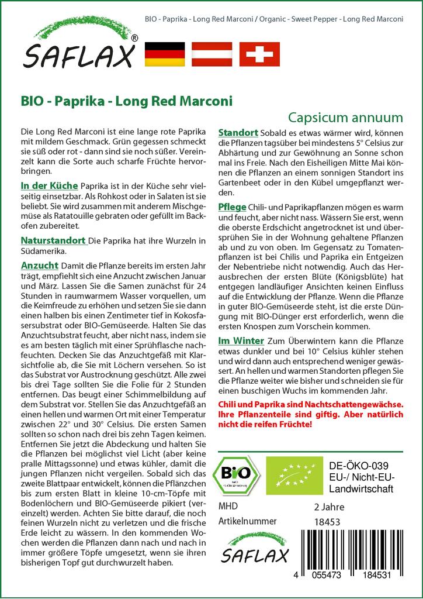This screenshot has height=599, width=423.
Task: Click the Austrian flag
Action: click(x=212, y=53)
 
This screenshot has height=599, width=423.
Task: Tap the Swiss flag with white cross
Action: click(x=259, y=53)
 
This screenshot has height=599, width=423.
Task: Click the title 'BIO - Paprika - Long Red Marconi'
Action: click(x=126, y=101)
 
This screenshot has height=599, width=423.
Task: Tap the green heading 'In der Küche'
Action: click(x=48, y=185)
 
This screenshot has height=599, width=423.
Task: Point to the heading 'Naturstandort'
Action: click(x=53, y=240)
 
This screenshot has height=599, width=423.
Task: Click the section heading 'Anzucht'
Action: click(x=39, y=264)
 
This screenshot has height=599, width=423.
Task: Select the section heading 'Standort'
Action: click(x=238, y=132)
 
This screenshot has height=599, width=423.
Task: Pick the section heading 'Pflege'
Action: click(x=232, y=207)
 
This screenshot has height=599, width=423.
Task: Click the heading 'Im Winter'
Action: click(x=241, y=341)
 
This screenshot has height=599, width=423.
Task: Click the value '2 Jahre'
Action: click(x=329, y=507)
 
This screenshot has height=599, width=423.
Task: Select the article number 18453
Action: click(x=327, y=521)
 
